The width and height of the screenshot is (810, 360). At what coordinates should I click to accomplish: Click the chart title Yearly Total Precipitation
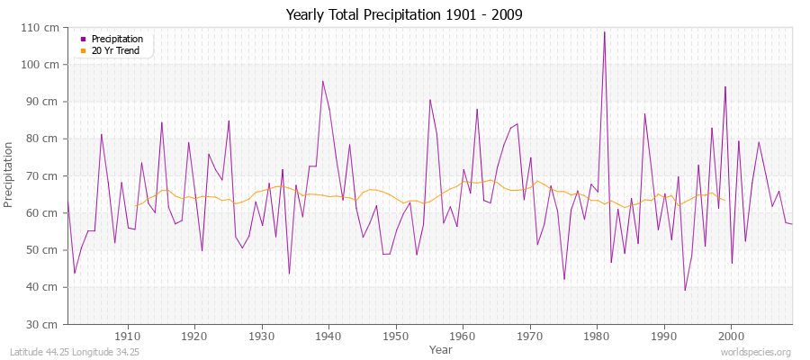coord(404,14)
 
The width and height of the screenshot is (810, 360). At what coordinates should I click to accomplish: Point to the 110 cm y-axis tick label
coord(44,28)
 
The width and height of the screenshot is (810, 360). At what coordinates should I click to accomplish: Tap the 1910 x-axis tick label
coord(128,336)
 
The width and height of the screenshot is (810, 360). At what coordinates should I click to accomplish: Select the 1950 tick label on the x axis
coord(396,336)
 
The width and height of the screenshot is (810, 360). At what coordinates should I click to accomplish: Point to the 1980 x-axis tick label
coord(597,336)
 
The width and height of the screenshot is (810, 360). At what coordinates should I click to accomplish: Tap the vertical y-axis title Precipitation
coord(10,175)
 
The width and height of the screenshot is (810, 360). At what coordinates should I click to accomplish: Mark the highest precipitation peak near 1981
coord(604,32)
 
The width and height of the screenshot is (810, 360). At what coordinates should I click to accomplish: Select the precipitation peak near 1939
coord(322,81)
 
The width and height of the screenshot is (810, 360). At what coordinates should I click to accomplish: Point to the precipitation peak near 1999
coord(724,86)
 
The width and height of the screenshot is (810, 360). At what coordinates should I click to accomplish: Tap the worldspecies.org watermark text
coord(756,352)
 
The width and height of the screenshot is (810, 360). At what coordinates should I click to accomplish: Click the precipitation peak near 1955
coord(430,100)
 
